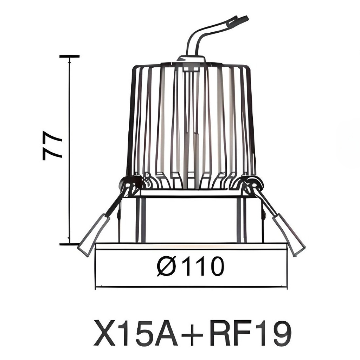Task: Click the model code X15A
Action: pyautogui.click(x=136, y=333)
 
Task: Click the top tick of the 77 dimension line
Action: pyautogui.click(x=69, y=56)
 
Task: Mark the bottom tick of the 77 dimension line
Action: pyautogui.click(x=69, y=244)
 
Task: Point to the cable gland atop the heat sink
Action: pyautogui.click(x=192, y=59)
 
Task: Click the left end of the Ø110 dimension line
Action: pyautogui.click(x=96, y=287)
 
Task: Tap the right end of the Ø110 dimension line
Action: pyautogui.click(x=287, y=287)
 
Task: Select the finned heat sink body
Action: pyautogui.click(x=192, y=123)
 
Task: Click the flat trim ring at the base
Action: pyautogui.click(x=192, y=246)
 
